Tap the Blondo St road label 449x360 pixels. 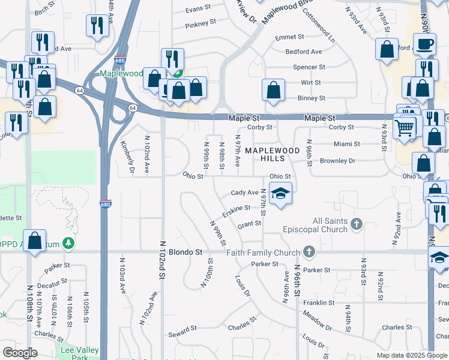click(185, 253)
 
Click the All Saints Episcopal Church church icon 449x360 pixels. click(357, 224)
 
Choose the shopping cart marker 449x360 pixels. click(405, 127)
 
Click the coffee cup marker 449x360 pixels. click(426, 45)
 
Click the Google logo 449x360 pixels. click(20, 353)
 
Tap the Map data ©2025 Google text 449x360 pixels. click(411, 355)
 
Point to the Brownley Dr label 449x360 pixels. click(337, 161)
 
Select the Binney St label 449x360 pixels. click(312, 98)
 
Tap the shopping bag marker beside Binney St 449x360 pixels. click(273, 91)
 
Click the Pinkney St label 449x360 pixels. click(200, 23)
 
